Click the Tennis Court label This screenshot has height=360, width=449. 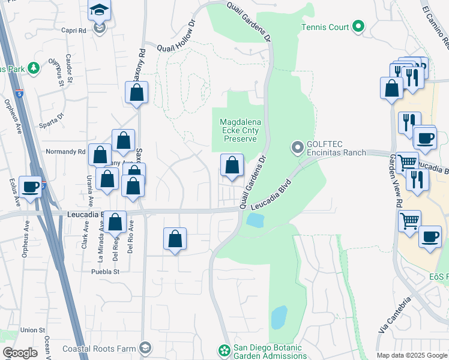coord(325,26)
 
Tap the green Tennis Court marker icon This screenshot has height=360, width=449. coord(358,26)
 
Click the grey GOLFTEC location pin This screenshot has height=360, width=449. coord(297,147)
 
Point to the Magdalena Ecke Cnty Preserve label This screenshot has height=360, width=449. coord(240,130)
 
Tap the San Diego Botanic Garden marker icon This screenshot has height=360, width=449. coord(224,349)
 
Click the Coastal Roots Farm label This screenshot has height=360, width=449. coord(106,347)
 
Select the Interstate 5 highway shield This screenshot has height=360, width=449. coord(20,94)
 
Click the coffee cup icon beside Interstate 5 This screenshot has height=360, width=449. coord(30,186)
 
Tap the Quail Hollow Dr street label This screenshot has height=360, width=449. coord(176,38)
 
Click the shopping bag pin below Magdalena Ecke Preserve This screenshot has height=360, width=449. coord(232,165)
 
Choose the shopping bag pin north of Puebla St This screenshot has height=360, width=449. coord(175,239)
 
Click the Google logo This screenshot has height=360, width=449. coord(20,353)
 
